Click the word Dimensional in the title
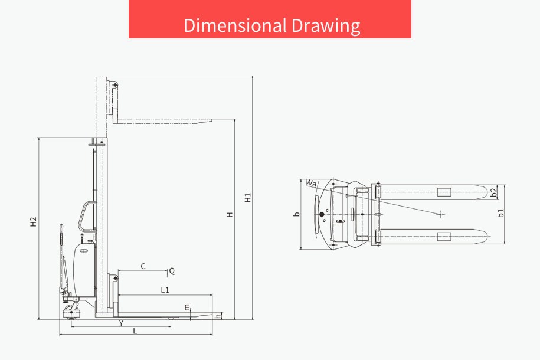[235, 25]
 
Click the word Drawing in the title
[326, 26]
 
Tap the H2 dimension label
[33, 221]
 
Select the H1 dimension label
[248, 197]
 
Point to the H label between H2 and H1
[230, 214]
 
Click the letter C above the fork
[143, 266]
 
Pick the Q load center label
[172, 271]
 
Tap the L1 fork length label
[165, 290]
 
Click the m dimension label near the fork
[187, 307]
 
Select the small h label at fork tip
[218, 316]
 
